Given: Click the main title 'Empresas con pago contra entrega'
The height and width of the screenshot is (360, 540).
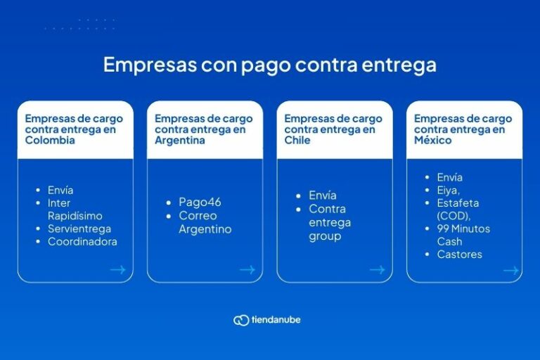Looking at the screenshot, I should (x=269, y=65).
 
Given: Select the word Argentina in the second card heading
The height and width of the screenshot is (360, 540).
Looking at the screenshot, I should (x=180, y=141).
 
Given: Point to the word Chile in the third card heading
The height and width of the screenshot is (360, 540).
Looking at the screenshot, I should (x=298, y=141).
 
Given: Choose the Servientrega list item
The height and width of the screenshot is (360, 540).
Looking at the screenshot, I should (x=79, y=229).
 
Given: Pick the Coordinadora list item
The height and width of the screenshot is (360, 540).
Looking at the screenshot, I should (x=82, y=242).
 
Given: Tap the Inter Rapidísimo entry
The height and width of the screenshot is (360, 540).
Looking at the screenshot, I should (x=75, y=210).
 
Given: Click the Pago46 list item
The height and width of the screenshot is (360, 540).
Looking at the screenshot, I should (x=200, y=202).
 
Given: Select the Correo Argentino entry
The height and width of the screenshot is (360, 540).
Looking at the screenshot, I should (x=205, y=222).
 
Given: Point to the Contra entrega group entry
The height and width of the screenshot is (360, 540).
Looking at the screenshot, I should (x=330, y=222).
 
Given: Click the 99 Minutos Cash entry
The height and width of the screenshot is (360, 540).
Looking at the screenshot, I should (x=463, y=235).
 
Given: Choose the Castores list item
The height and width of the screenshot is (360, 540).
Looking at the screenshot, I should (x=459, y=255).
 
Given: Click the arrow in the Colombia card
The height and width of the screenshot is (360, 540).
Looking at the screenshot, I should (x=117, y=269).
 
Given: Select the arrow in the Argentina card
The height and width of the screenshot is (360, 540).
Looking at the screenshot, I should (x=247, y=269).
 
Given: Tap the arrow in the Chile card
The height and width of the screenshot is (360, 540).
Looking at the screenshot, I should (x=377, y=269).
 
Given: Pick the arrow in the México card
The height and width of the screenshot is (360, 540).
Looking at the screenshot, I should (x=510, y=270).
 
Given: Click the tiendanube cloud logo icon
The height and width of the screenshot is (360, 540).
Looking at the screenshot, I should (x=241, y=320).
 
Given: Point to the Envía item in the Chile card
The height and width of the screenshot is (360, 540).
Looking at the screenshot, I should (x=323, y=195).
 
